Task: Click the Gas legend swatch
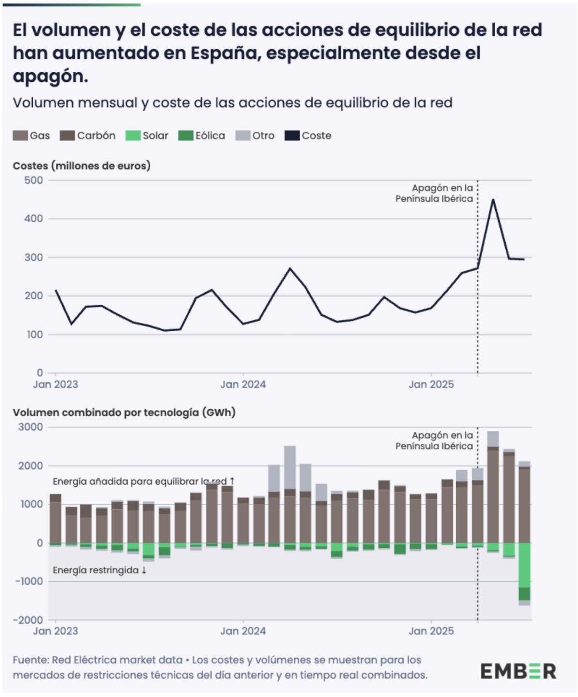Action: coord(21,136)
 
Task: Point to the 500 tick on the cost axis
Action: coord(33,181)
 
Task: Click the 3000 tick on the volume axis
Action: coord(30,427)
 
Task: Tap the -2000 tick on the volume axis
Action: coord(28,620)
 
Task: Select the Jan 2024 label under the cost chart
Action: coord(243,385)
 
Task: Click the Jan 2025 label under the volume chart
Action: coord(431,631)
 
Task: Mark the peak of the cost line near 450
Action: coord(493,199)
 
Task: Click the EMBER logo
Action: coord(518,671)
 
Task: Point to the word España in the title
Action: coord(225,53)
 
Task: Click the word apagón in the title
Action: coord(50,76)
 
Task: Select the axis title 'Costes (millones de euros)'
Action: coord(81,166)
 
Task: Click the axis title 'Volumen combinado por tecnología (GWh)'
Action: coord(124,413)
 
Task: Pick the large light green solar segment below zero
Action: coord(524,565)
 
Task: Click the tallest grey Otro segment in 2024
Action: coord(290,467)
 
